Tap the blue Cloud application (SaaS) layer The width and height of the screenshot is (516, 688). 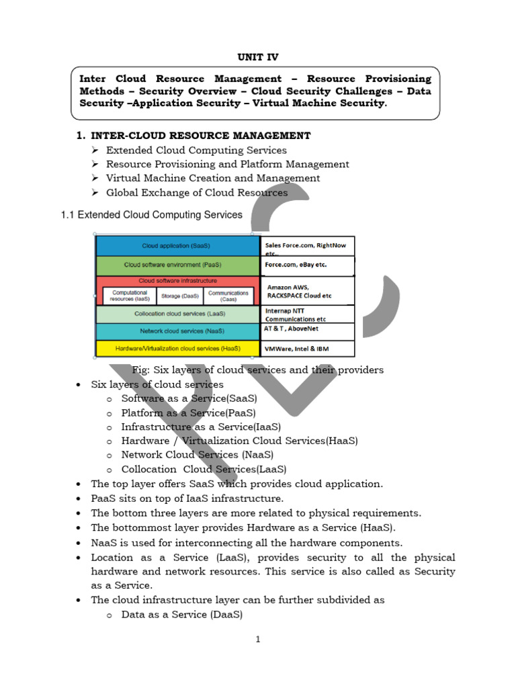pos(177,247)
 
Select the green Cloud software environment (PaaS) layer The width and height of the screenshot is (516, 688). pos(177,265)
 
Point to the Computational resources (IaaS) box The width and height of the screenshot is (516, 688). pos(129,296)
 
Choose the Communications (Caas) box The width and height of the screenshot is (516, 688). pos(228,296)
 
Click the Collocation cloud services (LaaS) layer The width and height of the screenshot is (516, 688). pos(177,314)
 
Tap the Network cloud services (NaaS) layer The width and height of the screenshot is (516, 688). pos(177,331)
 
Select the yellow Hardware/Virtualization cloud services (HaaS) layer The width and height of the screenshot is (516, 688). pos(177,349)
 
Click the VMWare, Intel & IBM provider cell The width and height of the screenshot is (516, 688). pos(307,349)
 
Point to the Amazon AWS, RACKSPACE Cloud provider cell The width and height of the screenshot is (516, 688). pos(307,291)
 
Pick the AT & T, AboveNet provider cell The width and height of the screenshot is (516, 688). pos(307,331)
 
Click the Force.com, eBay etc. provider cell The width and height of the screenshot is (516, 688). pos(307,265)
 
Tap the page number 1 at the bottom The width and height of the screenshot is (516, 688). pos(257,640)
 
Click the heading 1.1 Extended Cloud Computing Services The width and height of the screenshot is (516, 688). pos(152,215)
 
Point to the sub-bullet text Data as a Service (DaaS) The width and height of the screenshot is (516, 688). pos(181,615)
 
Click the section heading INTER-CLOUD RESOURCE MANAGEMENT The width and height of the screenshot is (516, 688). pos(200,136)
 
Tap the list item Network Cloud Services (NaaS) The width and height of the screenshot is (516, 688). pos(197,455)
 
